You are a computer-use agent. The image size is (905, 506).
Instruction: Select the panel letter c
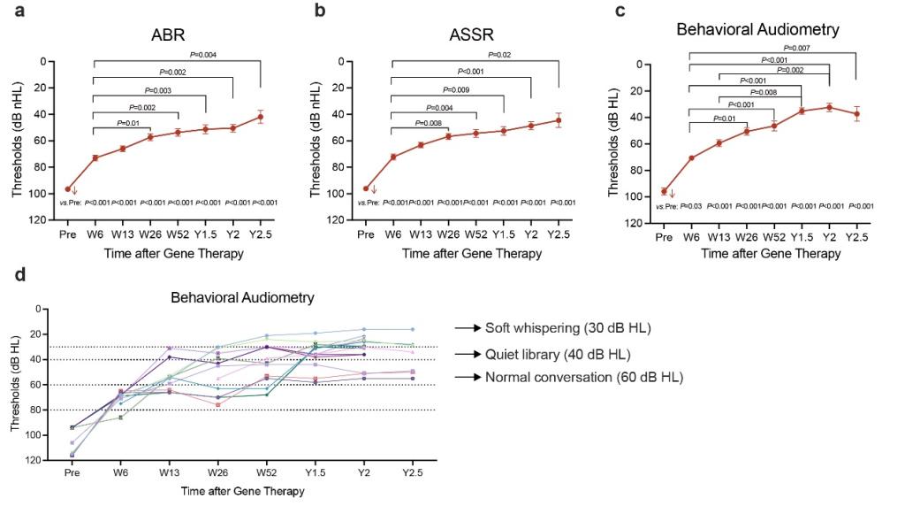[x=620, y=11]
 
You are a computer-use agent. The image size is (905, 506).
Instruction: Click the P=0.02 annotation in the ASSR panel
[x=502, y=55]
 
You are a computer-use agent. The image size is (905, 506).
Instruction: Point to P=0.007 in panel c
[x=798, y=48]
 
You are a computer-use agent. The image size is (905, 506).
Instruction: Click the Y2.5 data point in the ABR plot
[x=260, y=117]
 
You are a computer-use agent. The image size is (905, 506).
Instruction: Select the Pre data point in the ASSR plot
[x=366, y=188]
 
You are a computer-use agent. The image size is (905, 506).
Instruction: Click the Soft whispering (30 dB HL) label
[x=567, y=328]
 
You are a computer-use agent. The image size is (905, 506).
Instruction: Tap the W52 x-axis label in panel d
[x=266, y=474]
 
